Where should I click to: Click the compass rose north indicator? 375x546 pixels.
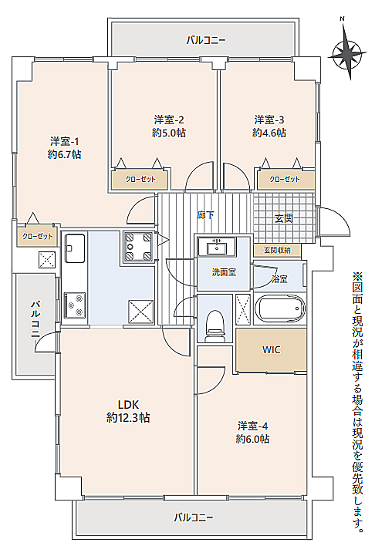click(x=347, y=53)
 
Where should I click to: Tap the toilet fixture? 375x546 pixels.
click(x=215, y=325)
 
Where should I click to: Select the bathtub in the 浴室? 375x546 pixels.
click(x=280, y=309)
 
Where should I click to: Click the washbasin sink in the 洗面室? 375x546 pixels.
click(x=217, y=247)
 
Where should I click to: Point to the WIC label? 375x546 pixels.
click(x=271, y=349)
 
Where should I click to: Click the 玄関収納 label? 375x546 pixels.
click(x=277, y=250)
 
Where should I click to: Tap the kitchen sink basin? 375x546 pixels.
click(x=75, y=248)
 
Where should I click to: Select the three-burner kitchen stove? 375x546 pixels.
click(x=75, y=305)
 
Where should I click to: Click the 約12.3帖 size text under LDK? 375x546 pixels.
click(x=128, y=417)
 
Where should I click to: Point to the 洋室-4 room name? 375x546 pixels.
click(x=252, y=426)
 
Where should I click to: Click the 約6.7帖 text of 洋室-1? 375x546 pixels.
click(x=65, y=154)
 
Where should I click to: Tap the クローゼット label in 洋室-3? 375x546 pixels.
click(x=285, y=180)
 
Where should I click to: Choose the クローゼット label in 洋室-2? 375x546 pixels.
click(x=140, y=180)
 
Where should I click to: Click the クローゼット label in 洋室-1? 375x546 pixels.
click(x=38, y=237)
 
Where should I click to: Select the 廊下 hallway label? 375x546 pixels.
click(x=205, y=215)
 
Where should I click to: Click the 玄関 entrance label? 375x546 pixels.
click(x=284, y=218)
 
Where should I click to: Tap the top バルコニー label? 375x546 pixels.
click(x=205, y=41)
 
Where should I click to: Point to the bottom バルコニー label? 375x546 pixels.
click(x=194, y=517)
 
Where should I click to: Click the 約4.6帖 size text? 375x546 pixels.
click(x=269, y=133)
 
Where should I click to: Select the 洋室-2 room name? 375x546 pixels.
click(x=169, y=120)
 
